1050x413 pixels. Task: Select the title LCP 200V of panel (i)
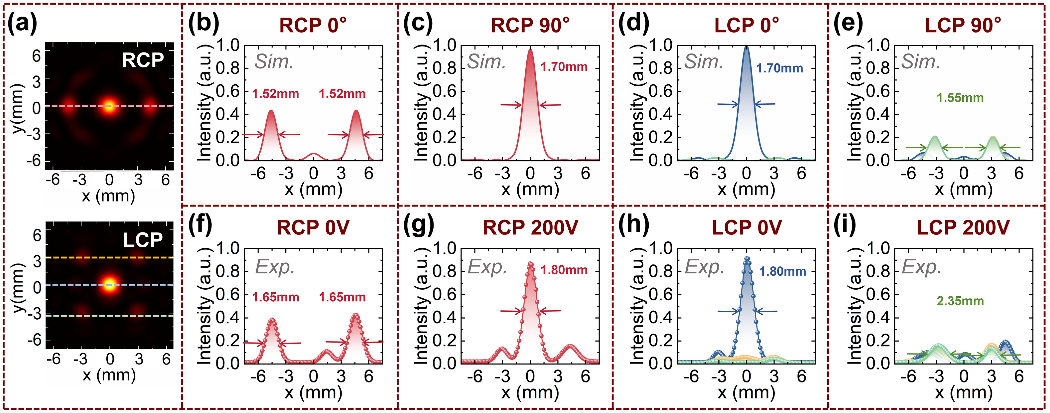click(963, 227)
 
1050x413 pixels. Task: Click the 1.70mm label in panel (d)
click(779, 68)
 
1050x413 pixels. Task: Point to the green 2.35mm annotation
click(960, 301)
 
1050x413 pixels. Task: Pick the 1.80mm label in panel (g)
click(564, 270)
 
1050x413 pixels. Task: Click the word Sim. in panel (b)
click(274, 62)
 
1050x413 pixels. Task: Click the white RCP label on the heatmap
click(143, 60)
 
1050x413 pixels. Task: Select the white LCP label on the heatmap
click(143, 240)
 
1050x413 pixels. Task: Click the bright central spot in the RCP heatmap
click(109, 106)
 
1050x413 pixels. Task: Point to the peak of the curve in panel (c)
click(530, 50)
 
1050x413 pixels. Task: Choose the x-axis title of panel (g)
click(530, 392)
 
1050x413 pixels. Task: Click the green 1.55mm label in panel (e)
click(960, 98)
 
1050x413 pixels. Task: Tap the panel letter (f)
click(200, 225)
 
